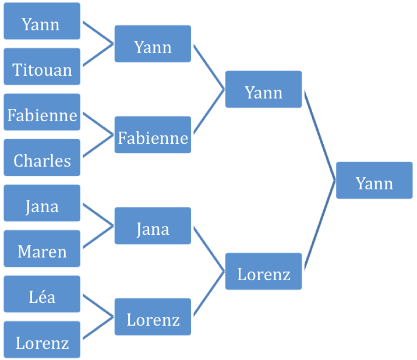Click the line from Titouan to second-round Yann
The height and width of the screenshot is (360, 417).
98,55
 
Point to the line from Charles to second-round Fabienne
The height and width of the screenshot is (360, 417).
98,146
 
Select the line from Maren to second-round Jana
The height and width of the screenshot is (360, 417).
98,237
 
